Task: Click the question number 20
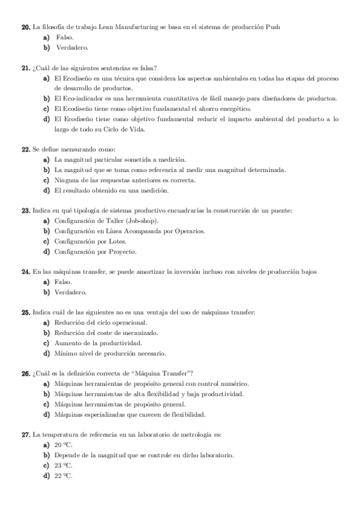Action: pyautogui.click(x=25, y=27)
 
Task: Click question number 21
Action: pyautogui.click(x=25, y=69)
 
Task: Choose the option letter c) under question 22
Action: pyautogui.click(x=46, y=180)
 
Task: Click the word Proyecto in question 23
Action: pyautogui.click(x=121, y=251)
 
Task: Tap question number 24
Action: pyautogui.click(x=25, y=272)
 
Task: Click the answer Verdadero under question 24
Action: pyautogui.click(x=71, y=293)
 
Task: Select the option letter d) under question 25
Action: pyautogui.click(x=46, y=353)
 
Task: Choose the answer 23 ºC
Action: pyautogui.click(x=63, y=465)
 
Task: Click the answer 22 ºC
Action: pyautogui.click(x=63, y=476)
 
